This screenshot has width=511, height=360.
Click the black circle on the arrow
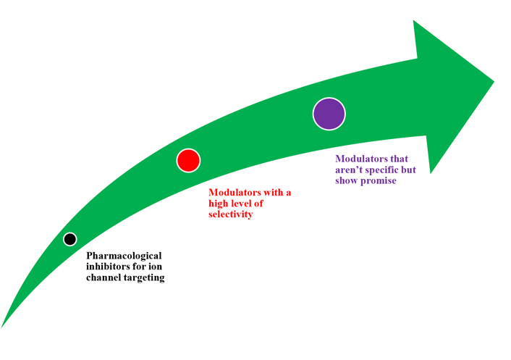(69, 239)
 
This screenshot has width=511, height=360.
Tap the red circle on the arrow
(188, 160)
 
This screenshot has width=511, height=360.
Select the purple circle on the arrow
(329, 114)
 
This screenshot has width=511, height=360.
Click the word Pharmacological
(124, 256)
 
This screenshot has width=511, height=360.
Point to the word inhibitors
(106, 267)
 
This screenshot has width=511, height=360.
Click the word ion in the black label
(155, 267)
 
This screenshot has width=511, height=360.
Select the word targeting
(144, 278)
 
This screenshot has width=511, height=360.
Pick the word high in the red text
(219, 204)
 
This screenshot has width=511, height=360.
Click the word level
(242, 204)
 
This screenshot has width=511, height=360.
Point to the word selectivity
(231, 214)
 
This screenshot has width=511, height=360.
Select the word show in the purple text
(346, 180)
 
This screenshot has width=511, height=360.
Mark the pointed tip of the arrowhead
(494, 82)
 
